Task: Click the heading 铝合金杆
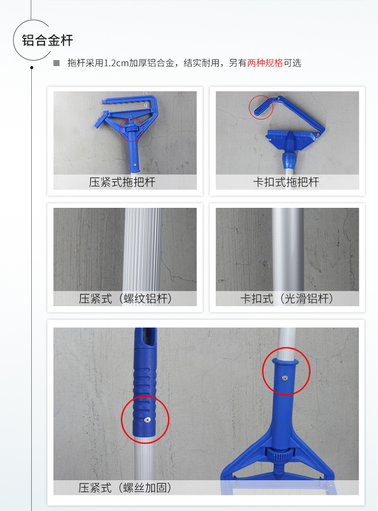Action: coord(47,41)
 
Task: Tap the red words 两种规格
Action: coord(265,63)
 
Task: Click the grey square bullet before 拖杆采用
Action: coord(56,63)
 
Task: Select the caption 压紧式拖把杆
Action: coord(122,182)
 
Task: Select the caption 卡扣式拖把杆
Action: coord(286,182)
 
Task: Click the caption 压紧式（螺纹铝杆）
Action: coord(125,299)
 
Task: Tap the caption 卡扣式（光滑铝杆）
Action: coord(287,299)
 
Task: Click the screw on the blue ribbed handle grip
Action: coord(147,420)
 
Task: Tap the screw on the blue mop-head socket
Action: coord(285,378)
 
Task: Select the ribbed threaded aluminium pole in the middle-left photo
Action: coord(142,249)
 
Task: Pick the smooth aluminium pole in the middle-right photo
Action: coord(288,249)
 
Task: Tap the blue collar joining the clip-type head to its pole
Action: coord(290,159)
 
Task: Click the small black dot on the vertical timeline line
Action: coord(32,68)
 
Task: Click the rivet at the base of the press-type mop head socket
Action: coord(135,164)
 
